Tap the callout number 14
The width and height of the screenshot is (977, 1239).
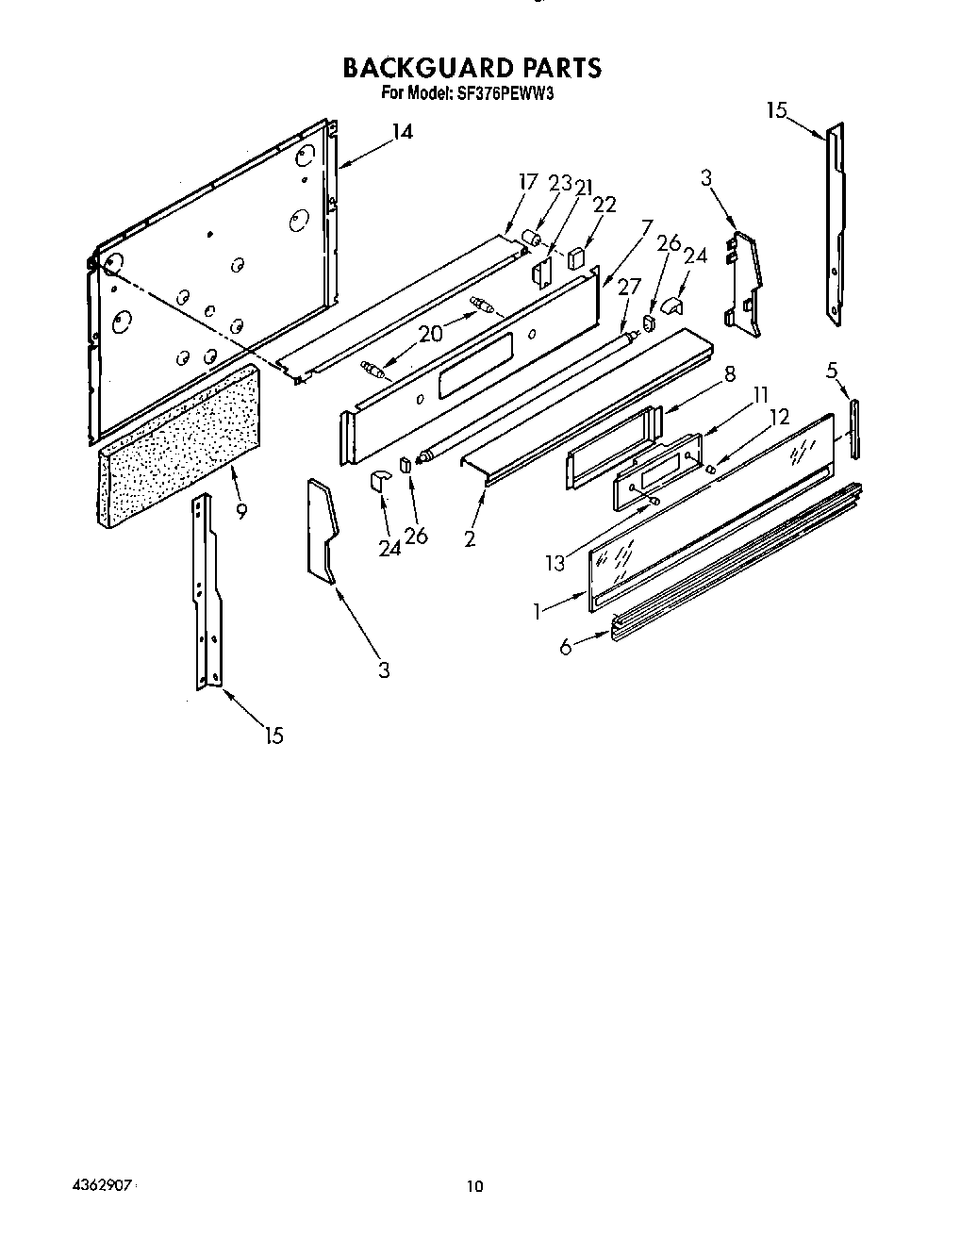pyautogui.click(x=402, y=132)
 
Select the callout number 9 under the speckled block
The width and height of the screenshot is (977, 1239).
pyautogui.click(x=242, y=512)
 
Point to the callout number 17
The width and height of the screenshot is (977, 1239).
pyautogui.click(x=527, y=182)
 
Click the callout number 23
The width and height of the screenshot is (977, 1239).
pyautogui.click(x=560, y=183)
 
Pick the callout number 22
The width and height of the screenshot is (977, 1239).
pyautogui.click(x=604, y=205)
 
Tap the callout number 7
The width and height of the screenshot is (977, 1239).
pyautogui.click(x=646, y=227)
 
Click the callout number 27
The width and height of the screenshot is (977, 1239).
pyautogui.click(x=628, y=288)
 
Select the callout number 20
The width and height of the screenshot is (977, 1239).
pyautogui.click(x=430, y=332)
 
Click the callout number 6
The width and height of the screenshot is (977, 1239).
pyautogui.click(x=565, y=647)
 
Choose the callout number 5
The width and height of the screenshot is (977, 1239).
pyautogui.click(x=832, y=371)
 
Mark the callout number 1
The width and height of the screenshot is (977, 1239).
pyautogui.click(x=538, y=611)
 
